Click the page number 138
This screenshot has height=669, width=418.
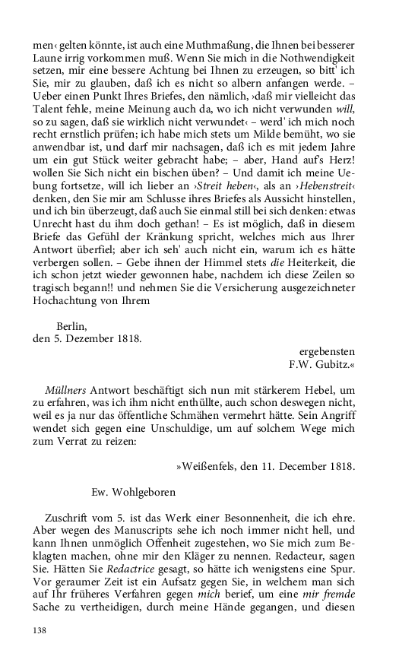pyautogui.click(x=40, y=630)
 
